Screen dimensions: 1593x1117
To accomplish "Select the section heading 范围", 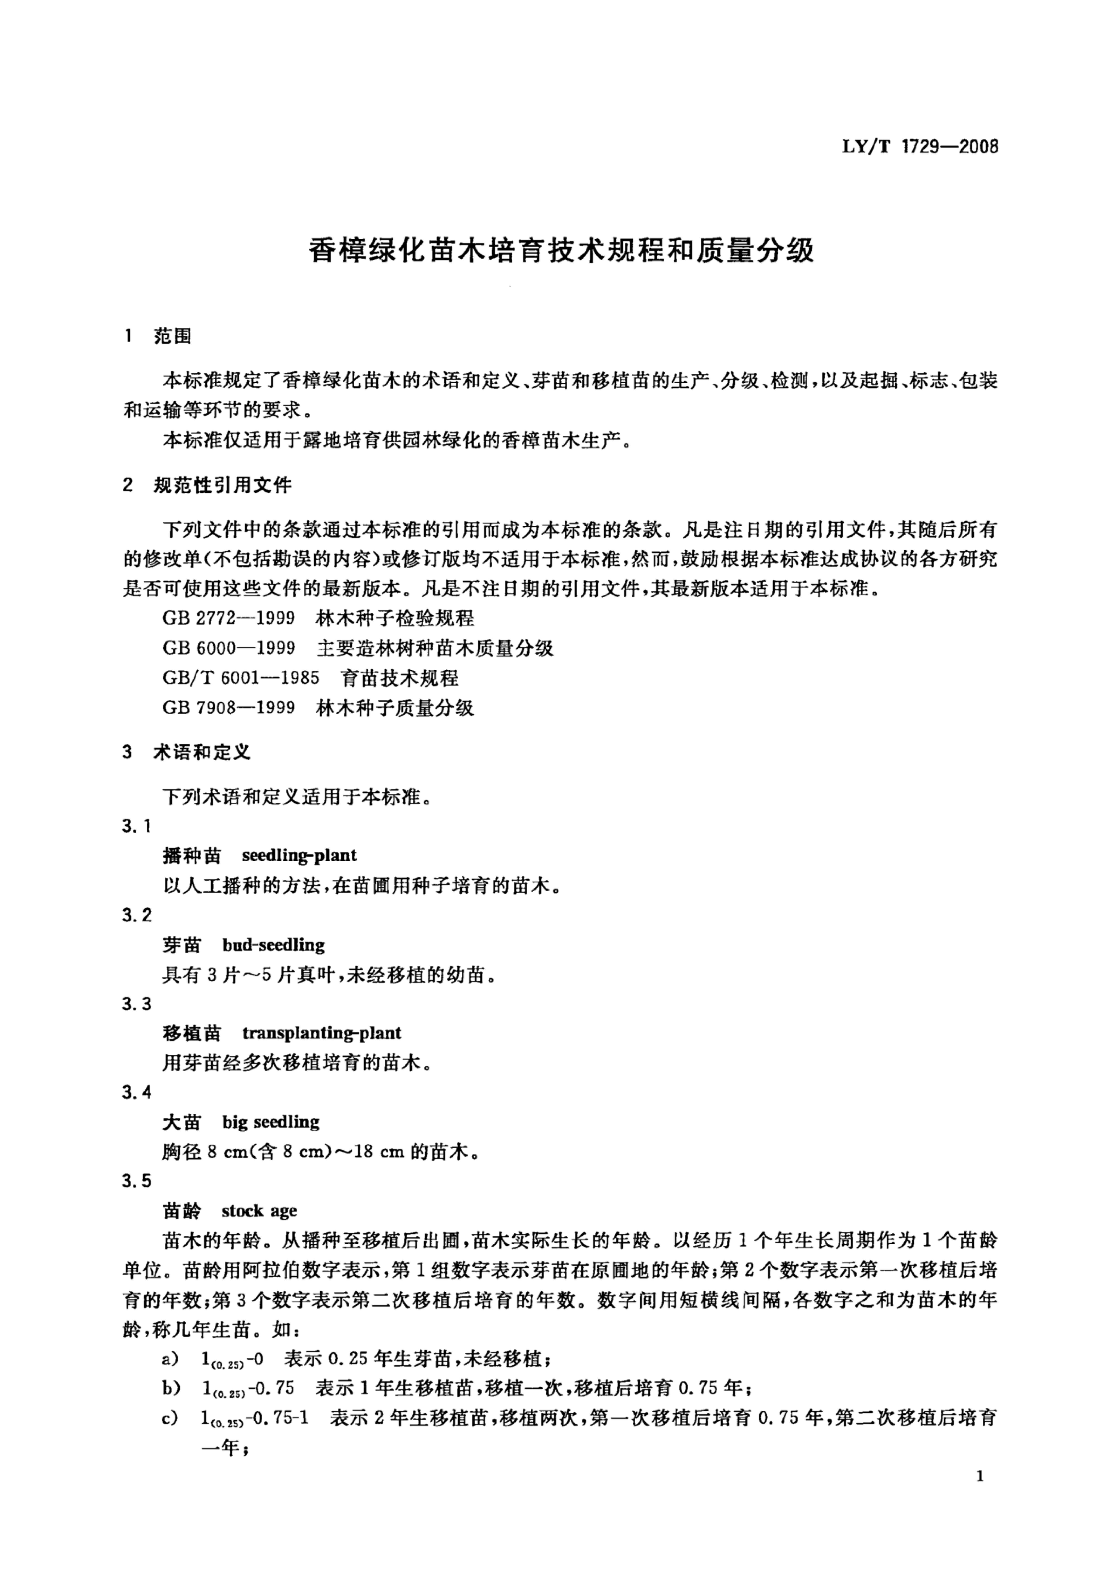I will click(x=172, y=337).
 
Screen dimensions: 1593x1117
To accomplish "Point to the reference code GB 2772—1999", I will click(x=229, y=618).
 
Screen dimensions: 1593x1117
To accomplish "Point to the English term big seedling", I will click(x=271, y=1122).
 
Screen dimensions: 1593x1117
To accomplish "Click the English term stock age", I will click(x=259, y=1211).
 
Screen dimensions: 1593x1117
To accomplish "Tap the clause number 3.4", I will click(x=137, y=1093).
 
